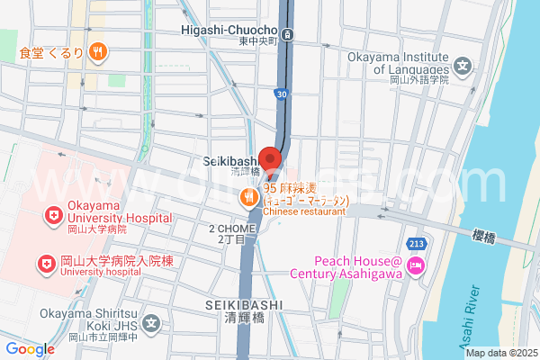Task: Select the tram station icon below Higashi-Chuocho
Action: [x=287, y=34]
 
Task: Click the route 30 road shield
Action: [x=283, y=93]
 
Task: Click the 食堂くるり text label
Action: [x=56, y=52]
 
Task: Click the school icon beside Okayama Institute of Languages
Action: [x=463, y=66]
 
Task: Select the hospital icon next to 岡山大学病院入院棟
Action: [x=43, y=262]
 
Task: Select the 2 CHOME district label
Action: [x=233, y=235]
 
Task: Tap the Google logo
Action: [x=30, y=349]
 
